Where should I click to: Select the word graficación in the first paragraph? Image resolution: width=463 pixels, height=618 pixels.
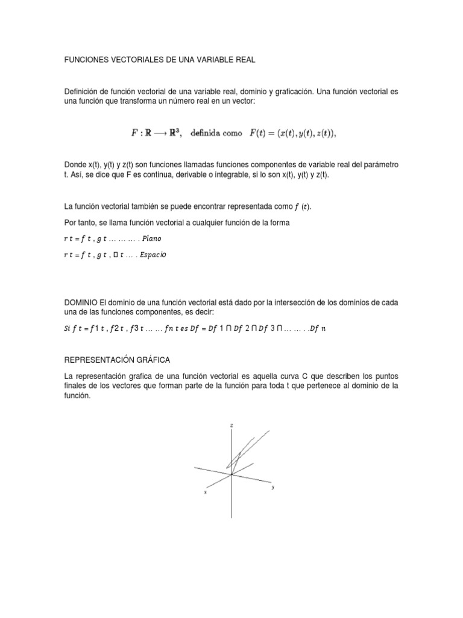[x=292, y=91]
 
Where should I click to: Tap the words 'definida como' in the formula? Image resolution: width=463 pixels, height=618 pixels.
[x=216, y=133]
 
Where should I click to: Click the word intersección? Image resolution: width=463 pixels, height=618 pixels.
[x=279, y=302]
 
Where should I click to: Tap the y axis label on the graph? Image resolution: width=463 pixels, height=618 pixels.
[x=273, y=486]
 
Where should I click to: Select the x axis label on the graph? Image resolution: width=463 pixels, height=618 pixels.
[x=206, y=492]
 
